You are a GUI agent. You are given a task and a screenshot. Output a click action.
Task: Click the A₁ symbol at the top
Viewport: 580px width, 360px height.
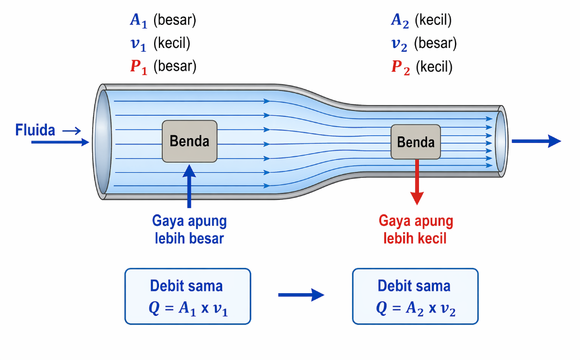[139, 20]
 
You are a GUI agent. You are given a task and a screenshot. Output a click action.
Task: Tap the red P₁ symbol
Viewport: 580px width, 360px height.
[139, 67]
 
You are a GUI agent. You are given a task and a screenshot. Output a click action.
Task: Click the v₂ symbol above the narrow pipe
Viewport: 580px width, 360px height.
[400, 44]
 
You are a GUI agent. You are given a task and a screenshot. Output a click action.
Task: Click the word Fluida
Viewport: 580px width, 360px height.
[36, 130]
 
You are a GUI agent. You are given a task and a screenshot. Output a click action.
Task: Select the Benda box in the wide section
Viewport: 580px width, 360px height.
[190, 141]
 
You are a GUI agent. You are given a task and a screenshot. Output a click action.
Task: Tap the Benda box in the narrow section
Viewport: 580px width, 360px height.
[416, 142]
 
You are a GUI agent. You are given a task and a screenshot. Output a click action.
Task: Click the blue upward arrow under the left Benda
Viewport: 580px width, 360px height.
[189, 186]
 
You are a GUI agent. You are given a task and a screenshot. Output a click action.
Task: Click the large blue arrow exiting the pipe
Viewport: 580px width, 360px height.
[536, 141]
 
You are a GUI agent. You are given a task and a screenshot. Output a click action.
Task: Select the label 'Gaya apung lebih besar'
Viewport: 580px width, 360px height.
[189, 230]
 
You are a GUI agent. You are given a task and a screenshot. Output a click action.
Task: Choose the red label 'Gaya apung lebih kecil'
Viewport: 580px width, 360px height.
[416, 230]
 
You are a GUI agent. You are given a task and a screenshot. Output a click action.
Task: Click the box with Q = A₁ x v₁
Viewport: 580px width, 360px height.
[188, 296]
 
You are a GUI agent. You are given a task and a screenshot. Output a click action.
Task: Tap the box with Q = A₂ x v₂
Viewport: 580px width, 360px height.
[415, 296]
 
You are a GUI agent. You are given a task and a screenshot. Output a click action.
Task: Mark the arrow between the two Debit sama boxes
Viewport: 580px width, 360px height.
[301, 295]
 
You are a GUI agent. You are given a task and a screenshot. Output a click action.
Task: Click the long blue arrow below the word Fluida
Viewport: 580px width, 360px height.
[60, 142]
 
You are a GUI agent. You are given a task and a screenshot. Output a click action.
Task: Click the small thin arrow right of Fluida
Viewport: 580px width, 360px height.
[71, 130]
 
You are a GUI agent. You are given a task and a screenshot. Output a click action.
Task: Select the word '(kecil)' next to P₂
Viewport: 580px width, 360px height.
[434, 67]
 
